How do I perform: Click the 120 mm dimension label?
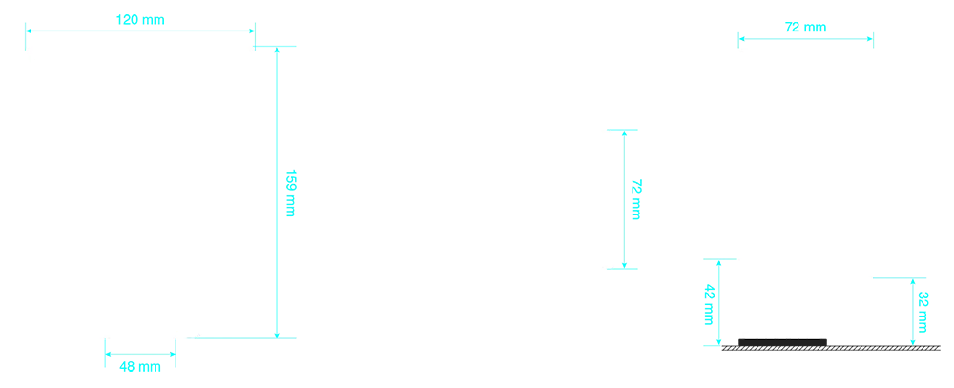coord(140,19)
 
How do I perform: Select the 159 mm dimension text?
coord(290,193)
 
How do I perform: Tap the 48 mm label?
coord(140,367)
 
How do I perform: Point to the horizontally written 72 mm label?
coord(805,28)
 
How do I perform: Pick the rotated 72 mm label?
coord(635,199)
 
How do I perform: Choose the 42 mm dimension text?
coord(709,305)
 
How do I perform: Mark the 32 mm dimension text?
coord(923,312)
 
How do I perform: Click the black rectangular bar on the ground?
coord(782,342)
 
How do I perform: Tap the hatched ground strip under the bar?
coord(831,349)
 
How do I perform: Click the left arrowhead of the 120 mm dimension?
coord(28,31)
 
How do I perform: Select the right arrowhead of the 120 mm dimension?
coord(252,31)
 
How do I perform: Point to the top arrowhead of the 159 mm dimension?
coord(277,50)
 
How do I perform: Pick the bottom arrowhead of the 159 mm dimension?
coord(277,336)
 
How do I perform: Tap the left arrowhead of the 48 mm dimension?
coord(109,354)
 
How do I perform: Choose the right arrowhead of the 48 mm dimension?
coord(172,354)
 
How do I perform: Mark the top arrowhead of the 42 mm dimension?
coord(719,263)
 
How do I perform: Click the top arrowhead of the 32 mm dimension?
coord(913,281)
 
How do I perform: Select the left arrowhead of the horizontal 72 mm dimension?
coord(741,39)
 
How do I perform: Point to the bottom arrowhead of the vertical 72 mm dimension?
coord(624,265)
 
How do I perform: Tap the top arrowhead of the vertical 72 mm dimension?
coord(624,133)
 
